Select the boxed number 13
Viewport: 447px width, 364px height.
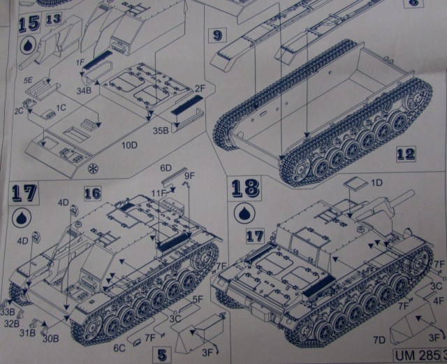(x=53, y=19)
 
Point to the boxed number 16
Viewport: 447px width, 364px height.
(x=94, y=193)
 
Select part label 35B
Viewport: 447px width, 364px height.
(x=160, y=129)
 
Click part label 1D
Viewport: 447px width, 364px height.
(x=378, y=182)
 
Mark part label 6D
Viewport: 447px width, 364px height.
(x=166, y=168)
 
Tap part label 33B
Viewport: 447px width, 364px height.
(x=8, y=311)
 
